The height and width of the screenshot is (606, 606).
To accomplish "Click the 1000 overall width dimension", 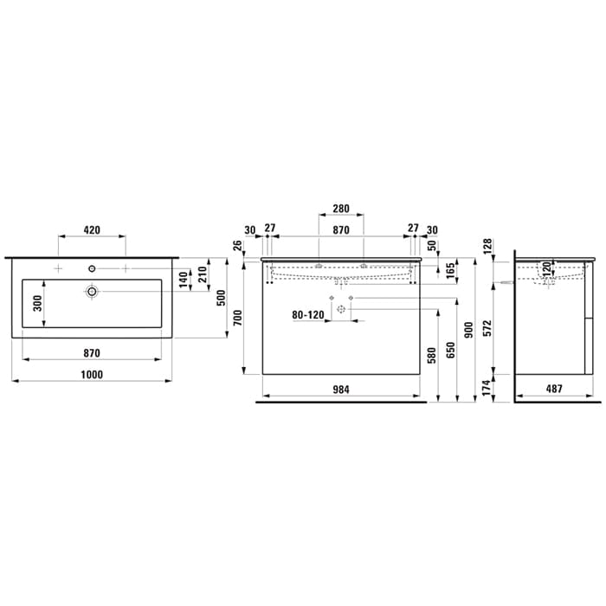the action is [92, 375].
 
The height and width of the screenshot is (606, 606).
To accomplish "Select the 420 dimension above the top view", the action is [92, 230].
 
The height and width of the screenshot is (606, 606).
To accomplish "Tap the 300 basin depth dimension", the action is [37, 304].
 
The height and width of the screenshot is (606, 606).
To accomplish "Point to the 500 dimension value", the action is [221, 298].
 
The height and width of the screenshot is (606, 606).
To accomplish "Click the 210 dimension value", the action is [203, 274].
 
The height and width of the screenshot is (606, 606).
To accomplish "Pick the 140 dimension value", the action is [184, 280].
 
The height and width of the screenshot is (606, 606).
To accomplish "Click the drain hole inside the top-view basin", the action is [92, 292].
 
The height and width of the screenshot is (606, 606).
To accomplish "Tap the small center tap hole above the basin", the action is [92, 268].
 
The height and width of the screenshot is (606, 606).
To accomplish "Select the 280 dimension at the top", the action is [341, 209].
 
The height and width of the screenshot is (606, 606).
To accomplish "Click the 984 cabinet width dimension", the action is [341, 390].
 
